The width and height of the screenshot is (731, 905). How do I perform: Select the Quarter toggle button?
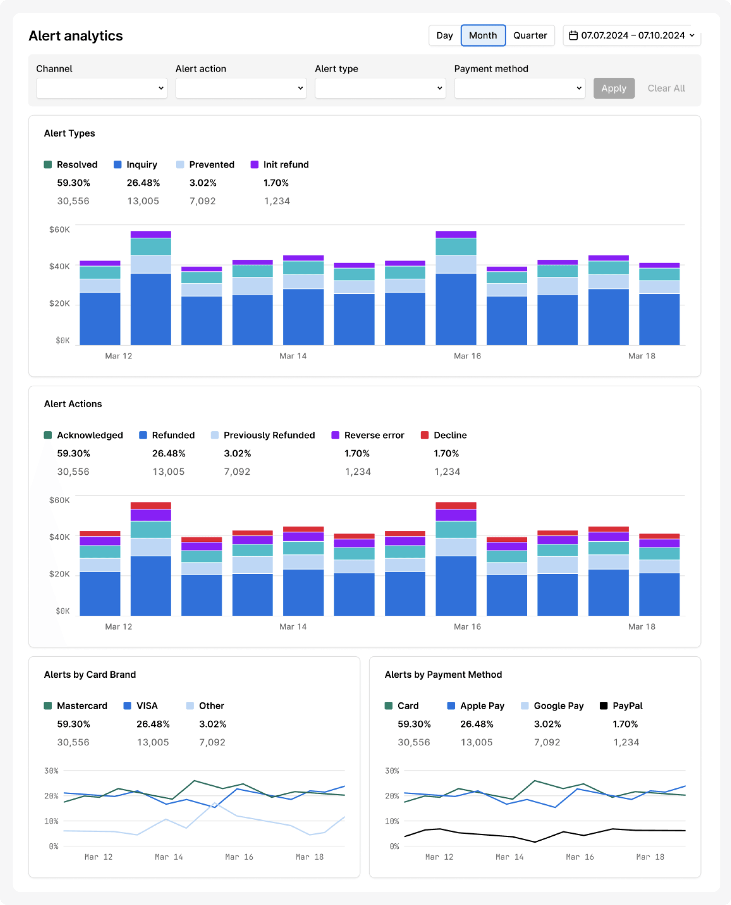point(530,35)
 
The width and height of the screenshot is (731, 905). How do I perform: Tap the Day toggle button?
point(444,35)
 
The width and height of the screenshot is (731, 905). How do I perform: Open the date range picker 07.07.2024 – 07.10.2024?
point(632,35)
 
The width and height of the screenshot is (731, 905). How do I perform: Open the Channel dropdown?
point(102,88)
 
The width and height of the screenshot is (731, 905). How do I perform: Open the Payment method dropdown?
point(519,88)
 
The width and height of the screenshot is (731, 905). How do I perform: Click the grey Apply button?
point(613,88)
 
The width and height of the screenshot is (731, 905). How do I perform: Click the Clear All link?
point(666,88)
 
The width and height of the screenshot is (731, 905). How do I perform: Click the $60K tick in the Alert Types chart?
point(59,230)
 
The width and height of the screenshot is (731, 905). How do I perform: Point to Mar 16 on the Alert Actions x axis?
point(467,627)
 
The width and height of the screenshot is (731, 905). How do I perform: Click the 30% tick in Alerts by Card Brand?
point(51,771)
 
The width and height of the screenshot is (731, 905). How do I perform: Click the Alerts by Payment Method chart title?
point(443,675)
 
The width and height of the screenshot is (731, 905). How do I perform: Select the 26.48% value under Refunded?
point(168,453)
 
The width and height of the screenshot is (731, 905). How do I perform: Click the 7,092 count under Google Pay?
point(547,742)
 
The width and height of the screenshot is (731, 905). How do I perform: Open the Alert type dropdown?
point(380,88)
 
